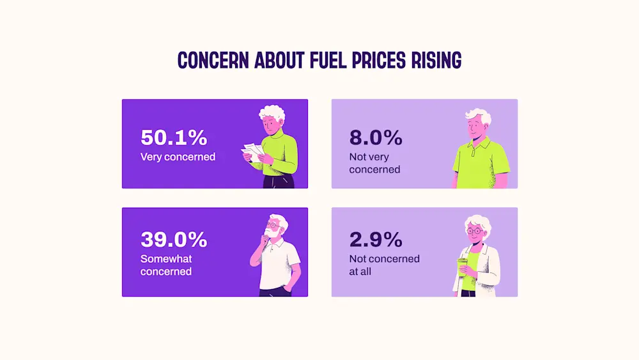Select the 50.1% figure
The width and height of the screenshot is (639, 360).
(x=174, y=137)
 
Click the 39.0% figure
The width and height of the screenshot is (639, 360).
(x=174, y=240)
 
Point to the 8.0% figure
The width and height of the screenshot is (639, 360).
(x=376, y=137)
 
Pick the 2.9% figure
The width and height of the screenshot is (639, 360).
(x=376, y=240)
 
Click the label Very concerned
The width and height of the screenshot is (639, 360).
(x=178, y=157)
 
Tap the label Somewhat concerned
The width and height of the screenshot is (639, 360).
(x=166, y=265)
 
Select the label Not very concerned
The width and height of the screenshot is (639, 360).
(x=374, y=163)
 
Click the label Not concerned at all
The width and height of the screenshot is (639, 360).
(x=384, y=265)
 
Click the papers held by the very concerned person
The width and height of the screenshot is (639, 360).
(x=252, y=152)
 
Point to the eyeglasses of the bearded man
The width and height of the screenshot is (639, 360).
(x=273, y=226)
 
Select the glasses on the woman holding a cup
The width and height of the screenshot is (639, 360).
(x=475, y=231)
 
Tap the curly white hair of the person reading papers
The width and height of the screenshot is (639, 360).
(x=272, y=114)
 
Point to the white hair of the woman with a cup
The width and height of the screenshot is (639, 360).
(x=479, y=222)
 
